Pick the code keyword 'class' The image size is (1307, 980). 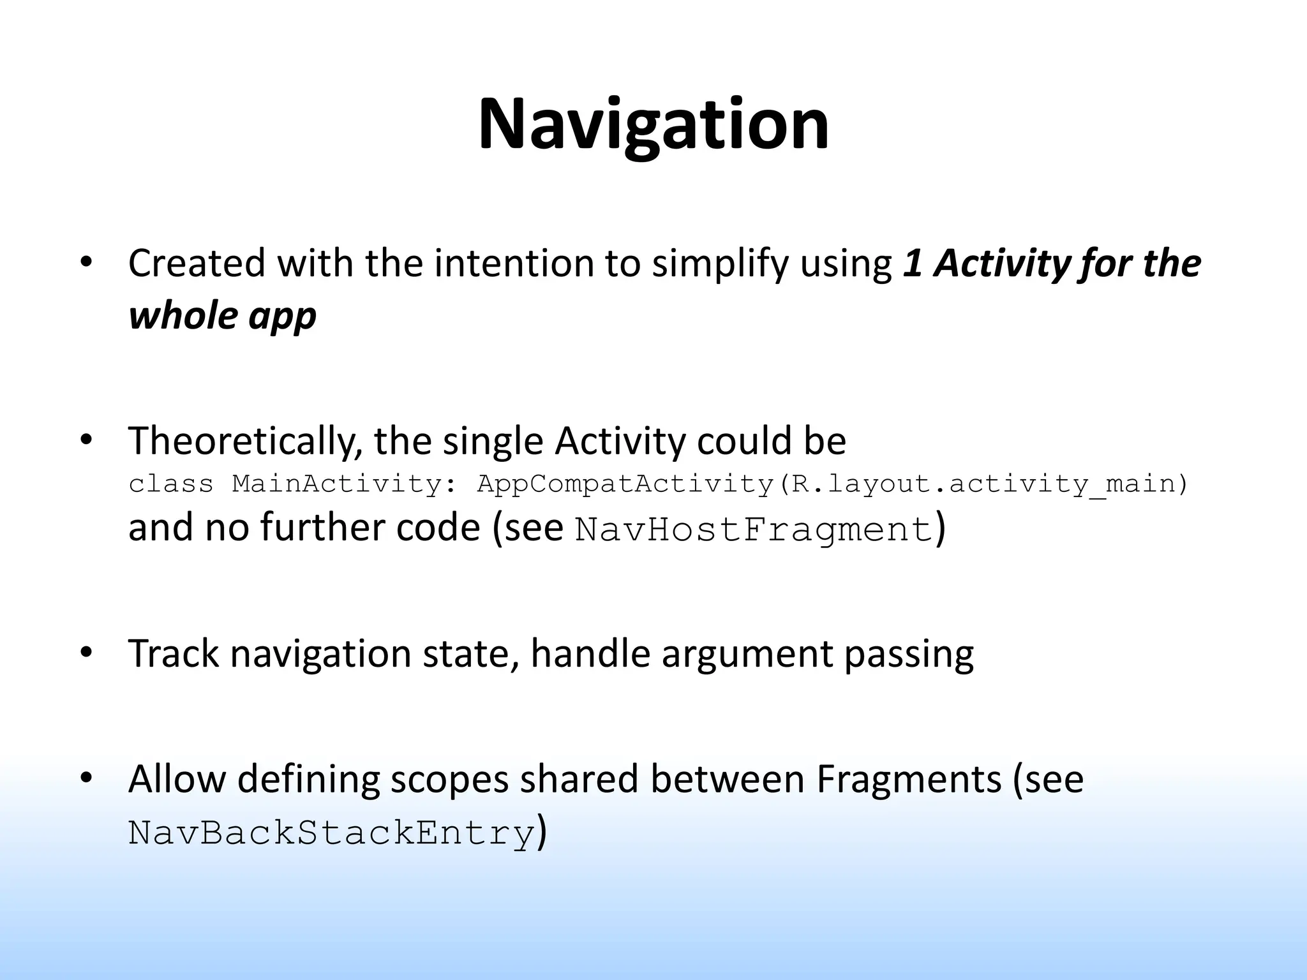pos(171,484)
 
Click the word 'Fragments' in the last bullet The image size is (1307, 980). pos(909,780)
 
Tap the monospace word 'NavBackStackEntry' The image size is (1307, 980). pos(331,833)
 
